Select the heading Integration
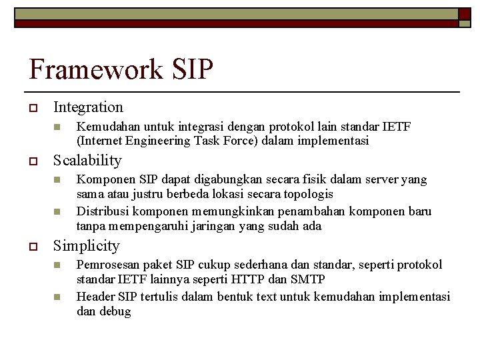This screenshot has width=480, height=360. point(88,107)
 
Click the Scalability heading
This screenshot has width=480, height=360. point(87,160)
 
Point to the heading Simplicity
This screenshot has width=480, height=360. point(86,245)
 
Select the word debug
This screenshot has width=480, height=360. point(115,311)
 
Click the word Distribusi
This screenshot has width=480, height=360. point(103,211)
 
